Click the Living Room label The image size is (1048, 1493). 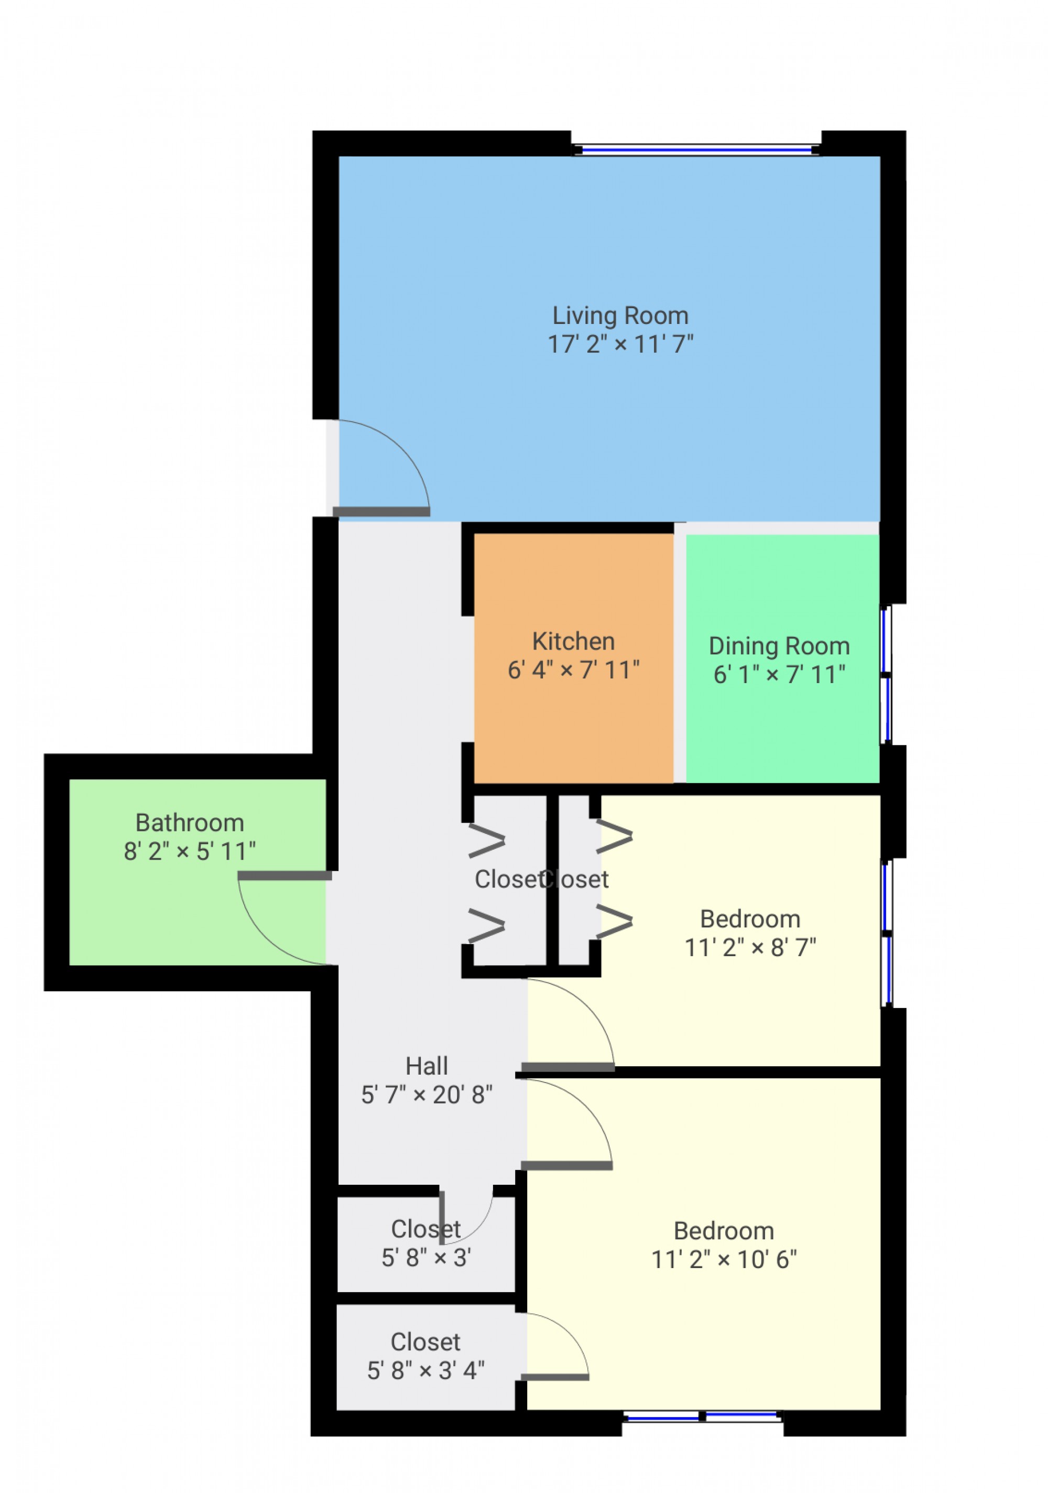(619, 316)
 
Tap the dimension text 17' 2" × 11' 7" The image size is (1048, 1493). (619, 344)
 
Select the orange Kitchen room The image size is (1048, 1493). (573, 715)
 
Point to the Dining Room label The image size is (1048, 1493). (779, 646)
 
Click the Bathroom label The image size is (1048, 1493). (189, 823)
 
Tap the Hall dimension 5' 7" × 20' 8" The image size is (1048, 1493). (427, 1095)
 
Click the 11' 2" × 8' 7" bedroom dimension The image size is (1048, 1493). (750, 947)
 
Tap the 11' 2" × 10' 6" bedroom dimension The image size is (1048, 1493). (724, 1260)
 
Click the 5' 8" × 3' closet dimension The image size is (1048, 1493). (426, 1258)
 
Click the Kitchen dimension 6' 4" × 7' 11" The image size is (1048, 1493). (573, 670)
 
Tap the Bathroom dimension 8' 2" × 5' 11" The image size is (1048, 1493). (189, 852)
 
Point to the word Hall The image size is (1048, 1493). (427, 1066)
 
